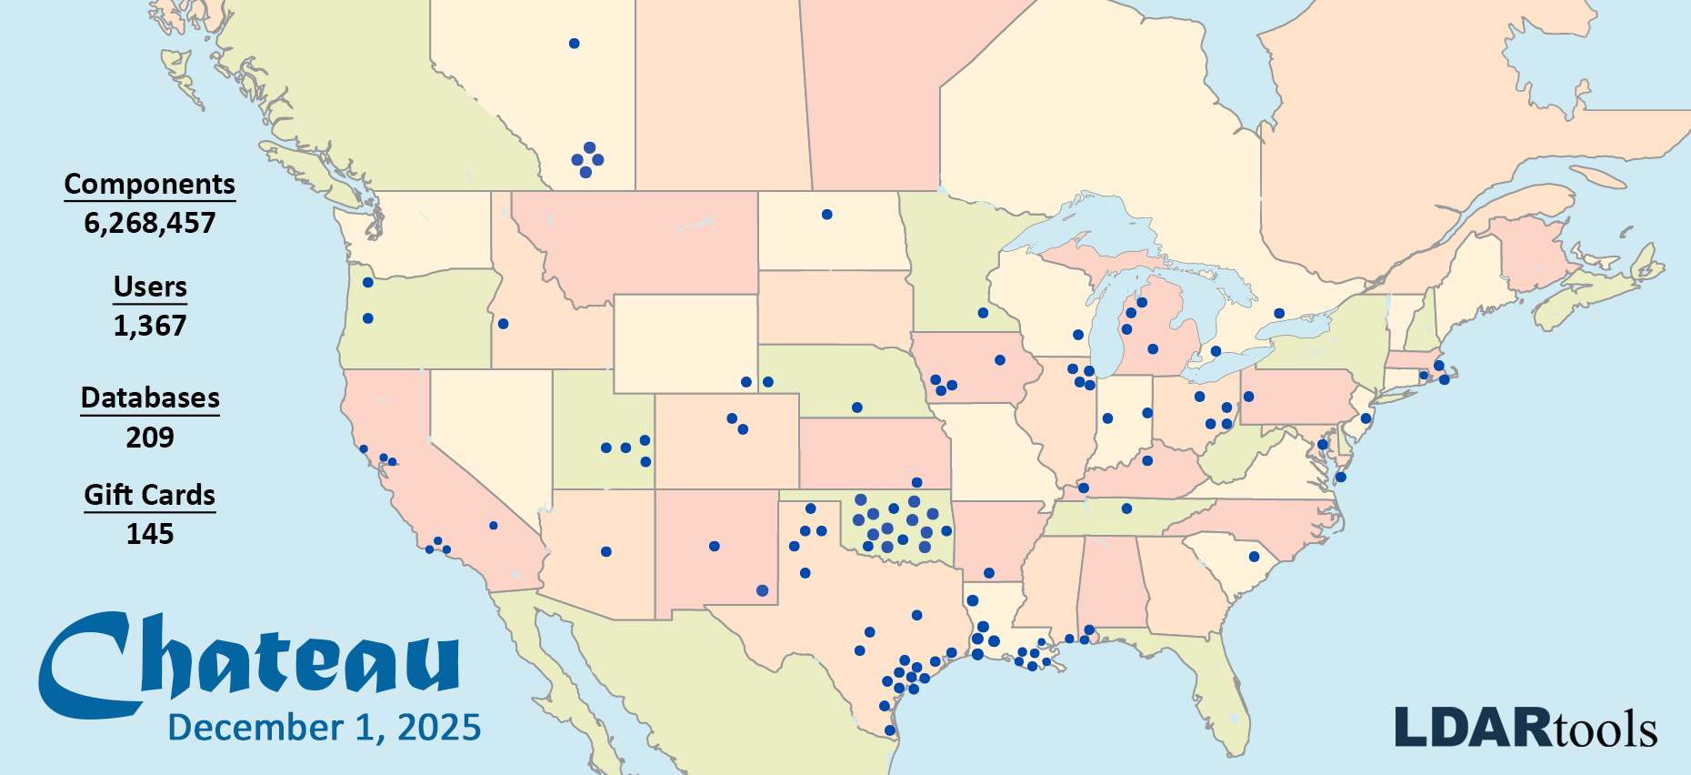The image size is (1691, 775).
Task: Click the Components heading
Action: tap(150, 184)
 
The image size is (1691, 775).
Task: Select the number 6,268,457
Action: tap(150, 223)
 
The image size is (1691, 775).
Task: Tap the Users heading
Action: tap(150, 287)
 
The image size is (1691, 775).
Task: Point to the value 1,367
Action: tap(150, 326)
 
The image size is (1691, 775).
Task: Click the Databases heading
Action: tap(150, 398)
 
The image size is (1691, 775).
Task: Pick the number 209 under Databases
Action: tap(150, 438)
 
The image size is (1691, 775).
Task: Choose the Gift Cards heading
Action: tap(150, 495)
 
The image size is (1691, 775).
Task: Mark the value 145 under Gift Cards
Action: tap(150, 534)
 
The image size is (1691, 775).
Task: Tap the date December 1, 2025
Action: tap(325, 728)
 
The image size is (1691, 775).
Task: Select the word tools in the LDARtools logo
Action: tap(1606, 730)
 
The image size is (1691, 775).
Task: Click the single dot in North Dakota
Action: tap(826, 215)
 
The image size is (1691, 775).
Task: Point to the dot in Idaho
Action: tap(503, 324)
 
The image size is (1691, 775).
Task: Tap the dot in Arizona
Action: tap(606, 552)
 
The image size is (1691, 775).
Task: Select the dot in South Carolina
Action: tap(1254, 557)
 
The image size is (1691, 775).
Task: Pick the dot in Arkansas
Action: tap(989, 573)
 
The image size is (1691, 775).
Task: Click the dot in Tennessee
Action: tap(1126, 508)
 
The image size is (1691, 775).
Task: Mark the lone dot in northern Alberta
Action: tap(574, 44)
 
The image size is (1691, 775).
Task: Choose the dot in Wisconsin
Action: tap(1078, 335)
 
